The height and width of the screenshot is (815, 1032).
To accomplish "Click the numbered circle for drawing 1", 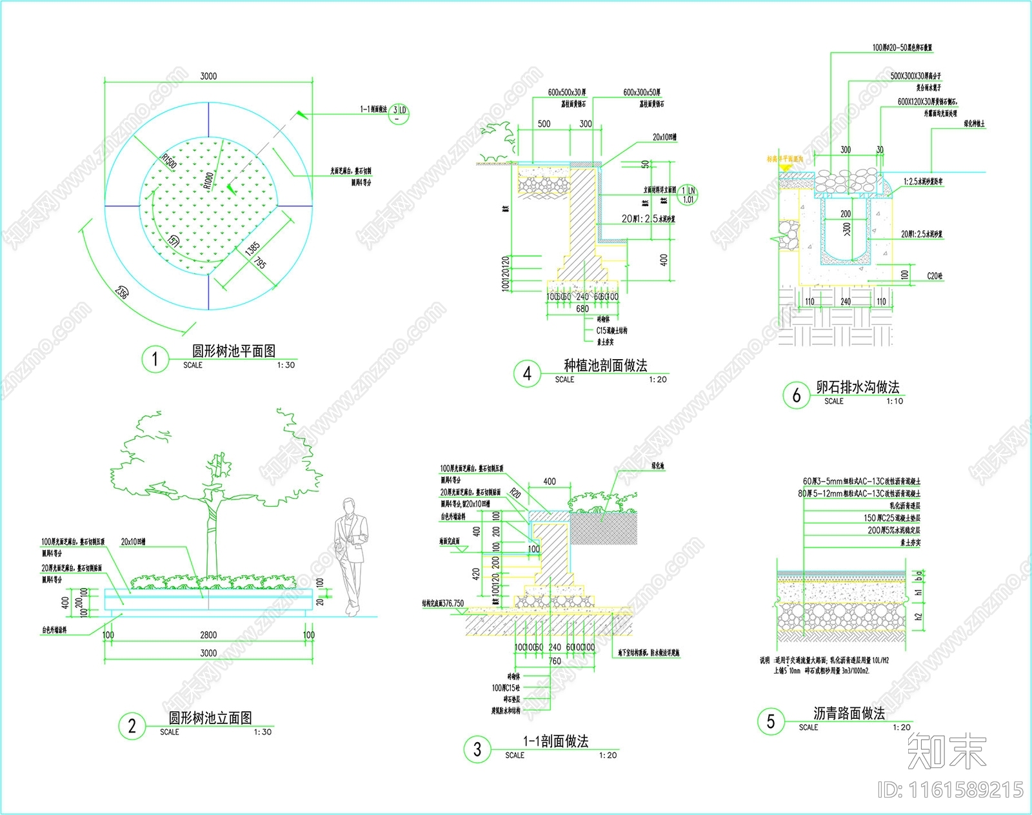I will click(155, 358).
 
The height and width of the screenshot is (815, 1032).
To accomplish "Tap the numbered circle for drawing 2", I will click(132, 726).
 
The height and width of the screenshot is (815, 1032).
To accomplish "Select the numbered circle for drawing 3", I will click(477, 749).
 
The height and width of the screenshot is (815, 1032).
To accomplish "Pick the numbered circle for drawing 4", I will click(527, 373).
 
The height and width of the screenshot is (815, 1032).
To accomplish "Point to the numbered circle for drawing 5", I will click(771, 721).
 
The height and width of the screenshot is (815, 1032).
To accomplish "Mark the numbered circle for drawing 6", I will click(796, 395).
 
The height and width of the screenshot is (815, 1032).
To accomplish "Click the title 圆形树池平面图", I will click(233, 351).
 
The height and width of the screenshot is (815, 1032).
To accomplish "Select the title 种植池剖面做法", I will click(605, 366).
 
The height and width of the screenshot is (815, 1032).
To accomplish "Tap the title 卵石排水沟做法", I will click(857, 387).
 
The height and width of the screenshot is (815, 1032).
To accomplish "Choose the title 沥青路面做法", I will click(849, 713).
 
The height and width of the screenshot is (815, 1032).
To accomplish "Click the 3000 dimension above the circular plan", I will click(208, 76).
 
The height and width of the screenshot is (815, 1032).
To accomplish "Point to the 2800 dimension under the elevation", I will click(208, 635).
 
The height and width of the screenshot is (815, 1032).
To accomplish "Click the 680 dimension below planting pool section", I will click(582, 309).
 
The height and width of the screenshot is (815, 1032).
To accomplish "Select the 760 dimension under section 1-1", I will click(555, 661).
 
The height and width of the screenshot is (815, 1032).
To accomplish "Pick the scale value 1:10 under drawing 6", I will click(895, 401).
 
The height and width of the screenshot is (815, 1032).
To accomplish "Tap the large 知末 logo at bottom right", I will click(947, 751).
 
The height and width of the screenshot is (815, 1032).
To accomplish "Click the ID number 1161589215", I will click(951, 790).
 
